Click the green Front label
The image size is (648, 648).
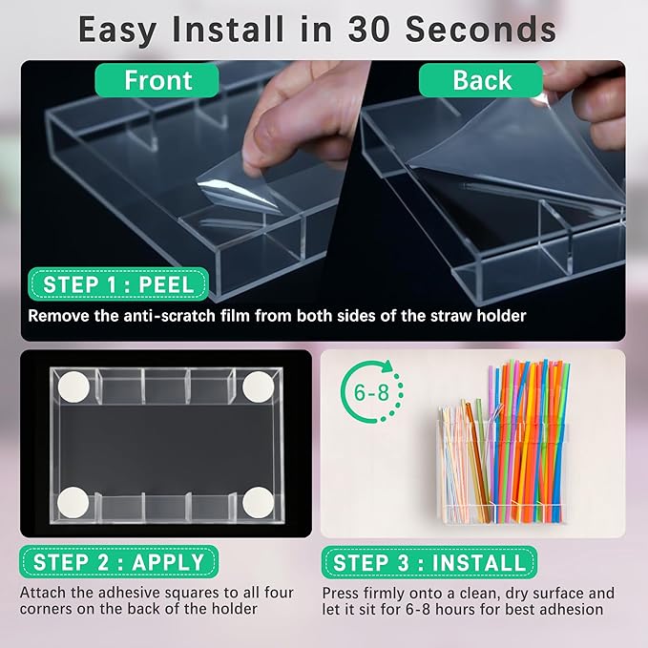coord(157,80)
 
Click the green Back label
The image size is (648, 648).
coord(481,80)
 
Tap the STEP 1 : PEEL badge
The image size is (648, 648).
coord(118,284)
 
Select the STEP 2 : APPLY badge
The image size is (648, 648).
coord(118,562)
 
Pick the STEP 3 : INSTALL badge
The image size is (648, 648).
coord(429,562)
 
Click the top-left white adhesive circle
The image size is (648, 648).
coord(73,387)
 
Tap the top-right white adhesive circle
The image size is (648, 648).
coord(259,387)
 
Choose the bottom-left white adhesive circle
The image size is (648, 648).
coord(73,503)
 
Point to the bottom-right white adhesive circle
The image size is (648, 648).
coord(259,503)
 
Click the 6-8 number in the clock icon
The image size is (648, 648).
coord(371,392)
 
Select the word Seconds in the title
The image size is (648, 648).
coord(481,30)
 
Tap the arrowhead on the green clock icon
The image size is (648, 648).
coord(388,366)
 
